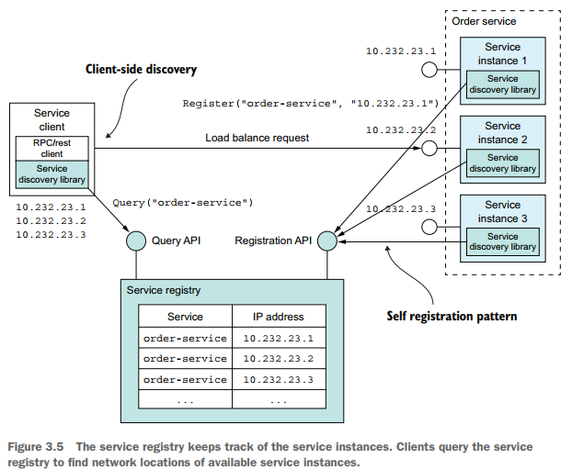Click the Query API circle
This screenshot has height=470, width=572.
pyautogui.click(x=136, y=241)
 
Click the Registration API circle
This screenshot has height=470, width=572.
pyautogui.click(x=327, y=241)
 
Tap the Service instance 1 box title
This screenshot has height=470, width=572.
pyautogui.click(x=503, y=53)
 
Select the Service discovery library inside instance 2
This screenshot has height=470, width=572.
pyautogui.click(x=503, y=162)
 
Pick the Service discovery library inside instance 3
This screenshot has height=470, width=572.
pyautogui.click(x=503, y=241)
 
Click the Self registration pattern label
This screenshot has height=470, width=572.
pyautogui.click(x=452, y=316)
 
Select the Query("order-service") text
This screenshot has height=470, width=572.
pyautogui.click(x=182, y=201)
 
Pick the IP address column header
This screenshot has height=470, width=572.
pyautogui.click(x=278, y=317)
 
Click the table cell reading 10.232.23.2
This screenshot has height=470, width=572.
pyautogui.click(x=278, y=358)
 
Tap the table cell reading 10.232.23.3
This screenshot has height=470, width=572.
pyautogui.click(x=278, y=379)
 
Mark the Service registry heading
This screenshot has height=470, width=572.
pyautogui.click(x=164, y=291)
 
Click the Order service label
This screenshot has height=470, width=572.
pyautogui.click(x=485, y=21)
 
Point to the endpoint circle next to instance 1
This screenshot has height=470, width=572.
pyautogui.click(x=429, y=70)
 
